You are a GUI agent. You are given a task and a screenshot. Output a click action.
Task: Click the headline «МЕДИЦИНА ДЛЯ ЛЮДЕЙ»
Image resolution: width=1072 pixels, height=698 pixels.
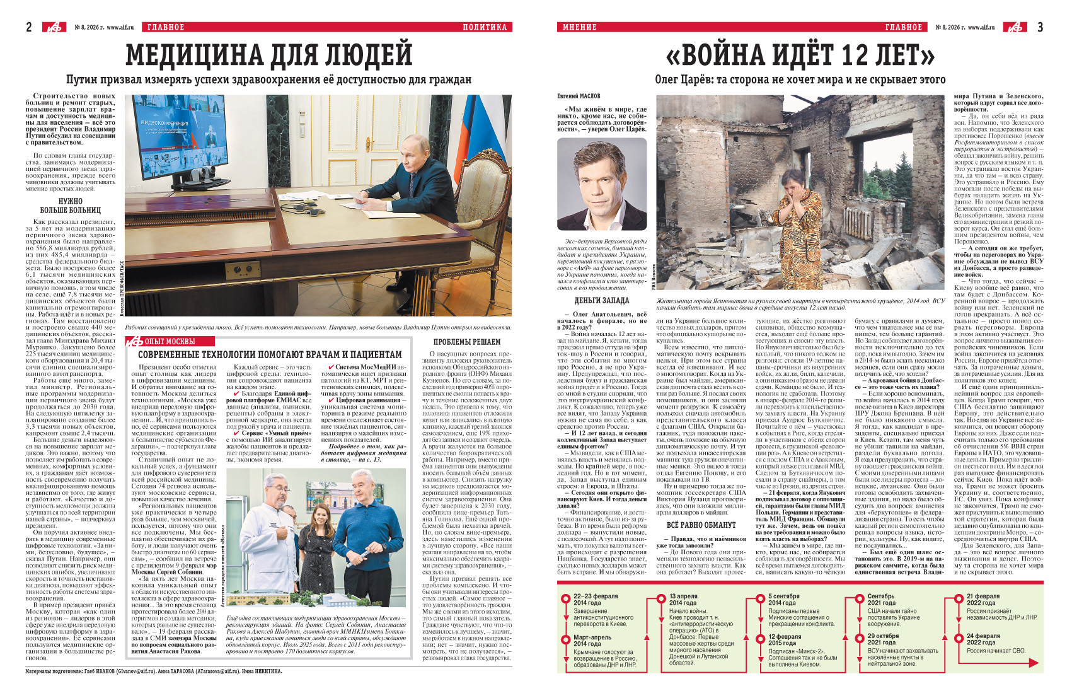269,55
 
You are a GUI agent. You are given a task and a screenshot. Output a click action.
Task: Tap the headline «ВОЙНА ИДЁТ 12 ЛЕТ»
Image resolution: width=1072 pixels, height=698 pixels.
800,57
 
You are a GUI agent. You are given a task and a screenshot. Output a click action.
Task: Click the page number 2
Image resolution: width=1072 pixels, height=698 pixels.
29,26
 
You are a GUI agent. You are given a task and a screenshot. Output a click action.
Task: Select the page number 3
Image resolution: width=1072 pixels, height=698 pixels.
1040,26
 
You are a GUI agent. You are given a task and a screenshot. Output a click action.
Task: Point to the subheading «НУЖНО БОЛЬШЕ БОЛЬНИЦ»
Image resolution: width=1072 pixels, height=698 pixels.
71,206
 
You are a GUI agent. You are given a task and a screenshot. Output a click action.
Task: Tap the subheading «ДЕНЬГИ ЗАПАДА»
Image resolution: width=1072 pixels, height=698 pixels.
601,301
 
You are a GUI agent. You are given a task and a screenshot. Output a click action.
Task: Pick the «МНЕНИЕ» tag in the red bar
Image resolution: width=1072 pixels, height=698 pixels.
579,27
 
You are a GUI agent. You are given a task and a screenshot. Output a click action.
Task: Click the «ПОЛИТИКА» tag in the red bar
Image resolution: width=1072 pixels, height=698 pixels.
484,27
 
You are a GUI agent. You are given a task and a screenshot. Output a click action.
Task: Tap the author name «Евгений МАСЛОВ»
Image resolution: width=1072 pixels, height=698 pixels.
579,96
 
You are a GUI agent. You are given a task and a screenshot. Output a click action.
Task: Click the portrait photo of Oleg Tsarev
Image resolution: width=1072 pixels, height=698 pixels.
602,184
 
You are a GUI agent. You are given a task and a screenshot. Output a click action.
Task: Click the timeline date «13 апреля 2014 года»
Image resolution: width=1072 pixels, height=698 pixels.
683,599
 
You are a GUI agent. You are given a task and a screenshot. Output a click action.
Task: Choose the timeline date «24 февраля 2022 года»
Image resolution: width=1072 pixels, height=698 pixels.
983,639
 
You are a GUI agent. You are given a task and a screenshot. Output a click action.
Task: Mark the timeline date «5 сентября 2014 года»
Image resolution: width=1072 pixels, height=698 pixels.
783,599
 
